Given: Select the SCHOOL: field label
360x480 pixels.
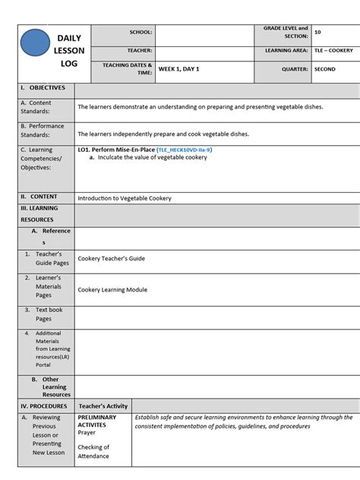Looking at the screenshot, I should (141, 33).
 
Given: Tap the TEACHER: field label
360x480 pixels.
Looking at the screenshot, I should (140, 51).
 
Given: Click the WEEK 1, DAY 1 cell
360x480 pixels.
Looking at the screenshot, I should (178, 69).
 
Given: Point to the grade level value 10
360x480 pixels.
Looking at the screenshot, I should (317, 33).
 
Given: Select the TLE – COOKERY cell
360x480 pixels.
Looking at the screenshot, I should (333, 51).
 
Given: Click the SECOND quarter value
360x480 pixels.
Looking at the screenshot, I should (325, 69).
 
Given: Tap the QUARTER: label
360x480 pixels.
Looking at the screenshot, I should (294, 69).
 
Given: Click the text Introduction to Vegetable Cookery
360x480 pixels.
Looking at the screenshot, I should (125, 198).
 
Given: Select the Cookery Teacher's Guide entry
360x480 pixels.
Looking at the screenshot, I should (111, 258).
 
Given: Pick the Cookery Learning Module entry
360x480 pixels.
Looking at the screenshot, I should (112, 290).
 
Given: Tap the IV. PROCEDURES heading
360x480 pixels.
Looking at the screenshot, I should (45, 406).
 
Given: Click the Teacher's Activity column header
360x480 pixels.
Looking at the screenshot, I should (103, 406).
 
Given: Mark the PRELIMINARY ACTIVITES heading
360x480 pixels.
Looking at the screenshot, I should (96, 422).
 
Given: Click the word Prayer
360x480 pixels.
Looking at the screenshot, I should (87, 433).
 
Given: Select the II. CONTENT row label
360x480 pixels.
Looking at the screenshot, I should (39, 197).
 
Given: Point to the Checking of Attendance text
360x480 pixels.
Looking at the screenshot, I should (93, 452).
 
